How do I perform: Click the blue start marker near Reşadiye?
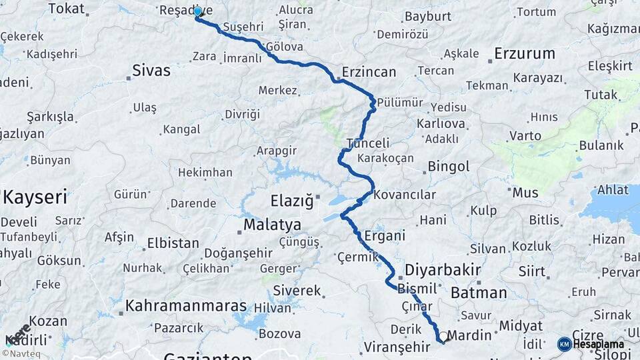pos(197,11)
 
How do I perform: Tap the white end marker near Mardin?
pos(443,337)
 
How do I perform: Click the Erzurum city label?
pos(525,53)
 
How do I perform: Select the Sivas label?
pos(151,70)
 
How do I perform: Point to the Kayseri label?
pos(35,197)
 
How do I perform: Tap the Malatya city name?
pos(272,225)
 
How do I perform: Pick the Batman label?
pos(479,293)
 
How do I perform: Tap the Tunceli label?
pos(368,143)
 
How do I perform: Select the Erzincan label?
pos(369,72)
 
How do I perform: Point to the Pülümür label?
pos(400,102)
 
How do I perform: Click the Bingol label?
pos(449,166)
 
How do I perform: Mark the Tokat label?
pos(67,9)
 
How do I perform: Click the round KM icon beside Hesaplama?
pos(564,344)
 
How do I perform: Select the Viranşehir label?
pos(397,347)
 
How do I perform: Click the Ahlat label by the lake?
pos(613,189)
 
